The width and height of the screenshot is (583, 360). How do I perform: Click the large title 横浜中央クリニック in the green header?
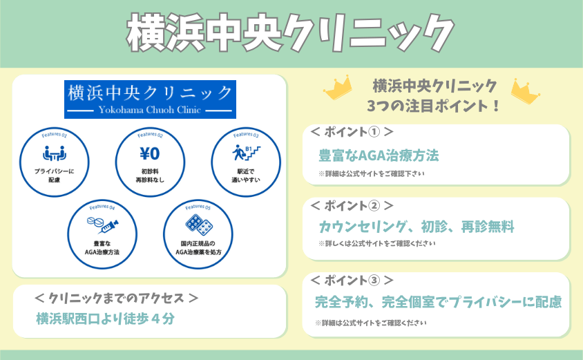290,32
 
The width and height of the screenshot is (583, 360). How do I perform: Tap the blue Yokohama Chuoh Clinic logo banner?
150,100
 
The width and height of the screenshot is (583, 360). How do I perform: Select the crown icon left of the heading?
338,88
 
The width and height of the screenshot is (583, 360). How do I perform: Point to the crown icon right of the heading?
526,91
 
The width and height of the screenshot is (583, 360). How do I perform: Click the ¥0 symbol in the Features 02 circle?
150,153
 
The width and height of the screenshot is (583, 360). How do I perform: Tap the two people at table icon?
55,153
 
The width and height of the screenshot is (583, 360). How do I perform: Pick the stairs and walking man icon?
246,153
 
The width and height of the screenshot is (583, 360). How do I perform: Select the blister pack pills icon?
199,225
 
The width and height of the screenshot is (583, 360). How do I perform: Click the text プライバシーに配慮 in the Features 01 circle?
55,176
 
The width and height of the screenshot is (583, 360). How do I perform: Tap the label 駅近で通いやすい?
246,176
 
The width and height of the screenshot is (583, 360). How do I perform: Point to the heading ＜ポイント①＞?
352,132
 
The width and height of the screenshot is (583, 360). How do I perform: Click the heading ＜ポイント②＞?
352,205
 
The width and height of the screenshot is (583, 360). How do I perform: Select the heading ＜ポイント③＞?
352,280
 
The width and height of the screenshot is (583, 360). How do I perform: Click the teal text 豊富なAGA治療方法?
379,155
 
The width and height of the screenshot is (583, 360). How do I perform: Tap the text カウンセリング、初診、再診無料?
417,227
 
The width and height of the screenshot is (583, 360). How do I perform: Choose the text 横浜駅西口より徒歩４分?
105,319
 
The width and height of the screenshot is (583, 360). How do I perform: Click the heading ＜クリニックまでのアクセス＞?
116,298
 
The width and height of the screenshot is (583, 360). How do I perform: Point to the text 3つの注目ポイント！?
434,106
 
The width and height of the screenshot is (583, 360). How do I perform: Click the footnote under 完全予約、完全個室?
371,323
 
